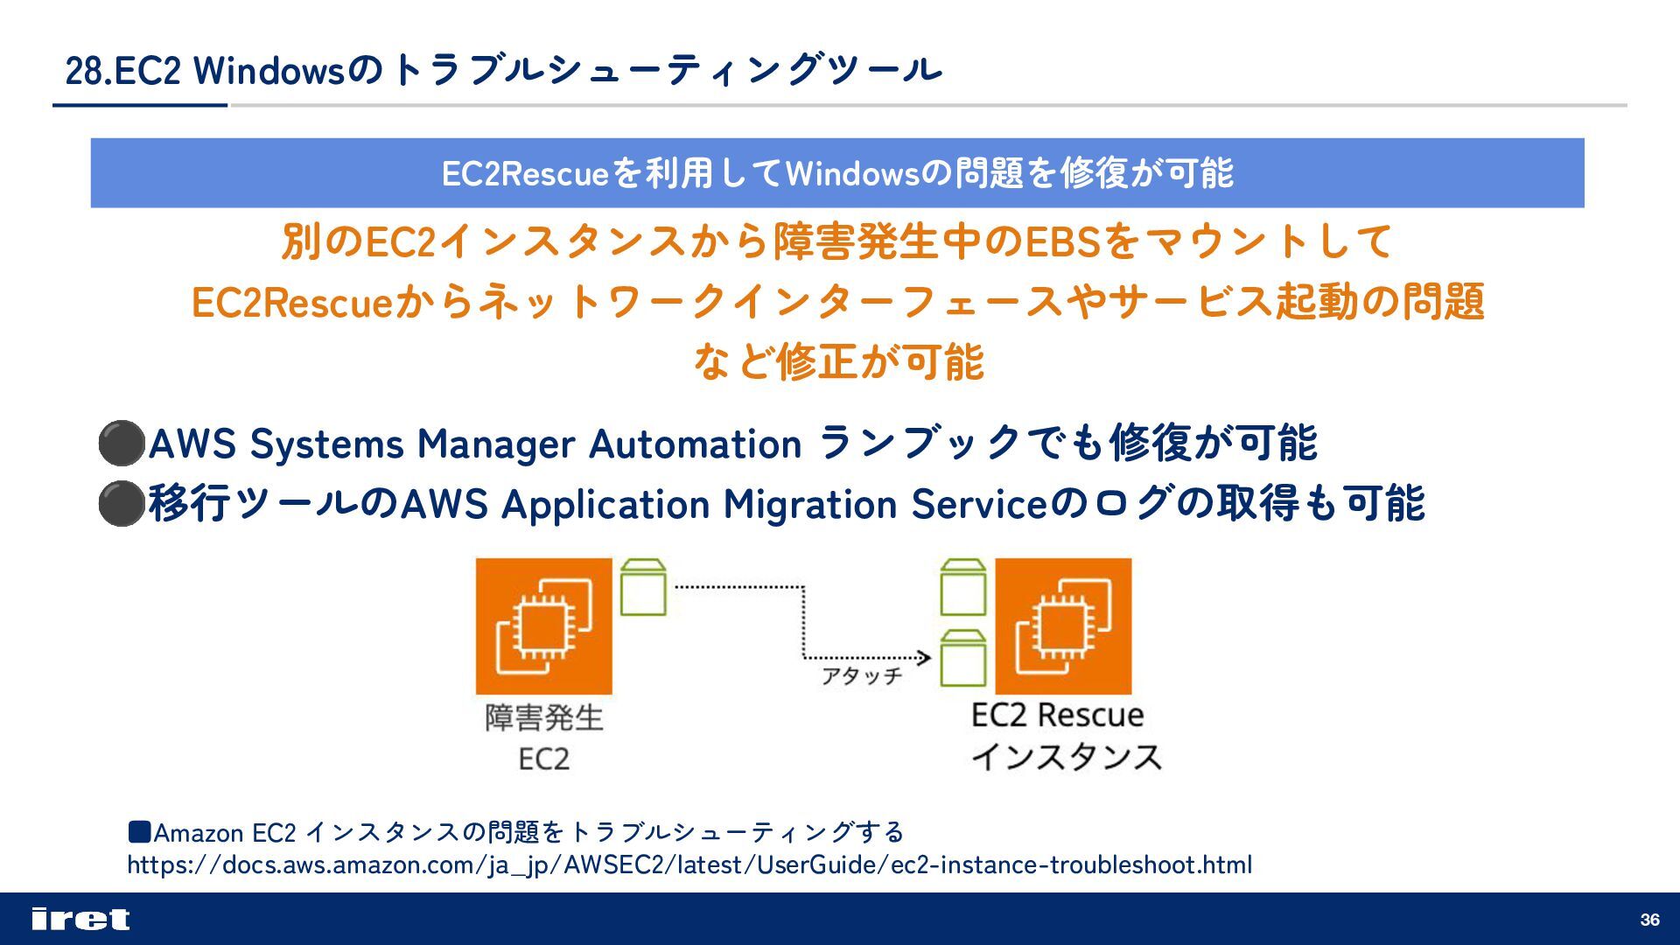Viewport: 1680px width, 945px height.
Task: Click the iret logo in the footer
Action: click(80, 919)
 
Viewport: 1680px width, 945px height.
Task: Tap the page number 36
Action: click(1649, 920)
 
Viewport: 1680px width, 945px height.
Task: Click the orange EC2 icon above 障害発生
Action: click(543, 626)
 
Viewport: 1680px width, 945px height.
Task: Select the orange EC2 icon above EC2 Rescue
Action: click(1063, 626)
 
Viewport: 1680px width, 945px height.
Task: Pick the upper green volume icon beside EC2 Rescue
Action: click(962, 588)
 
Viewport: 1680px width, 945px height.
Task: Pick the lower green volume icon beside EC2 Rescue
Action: click(962, 659)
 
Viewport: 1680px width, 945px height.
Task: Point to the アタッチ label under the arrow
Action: click(861, 676)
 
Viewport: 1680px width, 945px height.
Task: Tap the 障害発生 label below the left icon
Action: click(544, 718)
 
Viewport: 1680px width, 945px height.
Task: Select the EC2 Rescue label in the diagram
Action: click(1057, 716)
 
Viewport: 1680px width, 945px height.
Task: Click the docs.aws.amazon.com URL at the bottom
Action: click(689, 865)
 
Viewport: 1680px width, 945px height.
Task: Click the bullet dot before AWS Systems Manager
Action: click(121, 443)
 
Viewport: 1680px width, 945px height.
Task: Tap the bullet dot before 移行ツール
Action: click(121, 503)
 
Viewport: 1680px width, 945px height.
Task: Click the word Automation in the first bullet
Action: click(696, 444)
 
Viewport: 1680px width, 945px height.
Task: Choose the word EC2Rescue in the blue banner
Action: click(524, 173)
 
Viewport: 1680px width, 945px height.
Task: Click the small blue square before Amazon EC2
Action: click(139, 830)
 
